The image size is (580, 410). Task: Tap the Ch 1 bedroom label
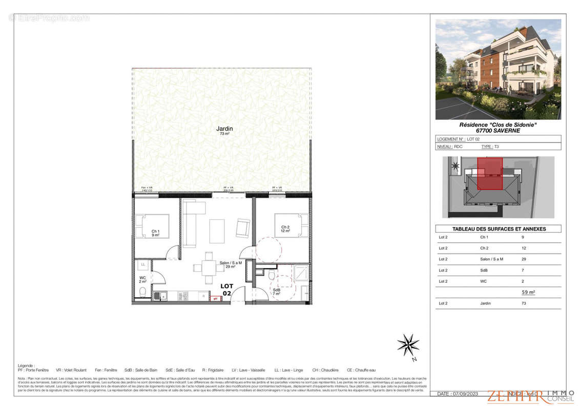[x=155, y=233]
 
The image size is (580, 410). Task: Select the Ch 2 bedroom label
[x=285, y=229]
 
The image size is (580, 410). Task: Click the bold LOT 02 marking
[x=226, y=290]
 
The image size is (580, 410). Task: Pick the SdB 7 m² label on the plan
[x=277, y=292]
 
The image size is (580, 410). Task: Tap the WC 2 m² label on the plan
[x=142, y=280]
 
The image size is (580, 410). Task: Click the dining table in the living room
[x=209, y=267]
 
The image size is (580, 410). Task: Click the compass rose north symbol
[x=408, y=344]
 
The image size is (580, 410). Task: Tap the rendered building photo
[x=498, y=69]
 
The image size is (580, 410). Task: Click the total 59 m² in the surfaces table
[x=528, y=292]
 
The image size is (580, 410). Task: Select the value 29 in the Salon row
[x=523, y=259]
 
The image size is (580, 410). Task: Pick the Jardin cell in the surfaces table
[x=485, y=303]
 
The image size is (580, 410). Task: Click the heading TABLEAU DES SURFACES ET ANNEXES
[x=498, y=229]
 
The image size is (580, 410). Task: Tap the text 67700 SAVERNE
[x=498, y=131]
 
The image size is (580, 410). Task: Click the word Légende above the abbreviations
[x=26, y=365]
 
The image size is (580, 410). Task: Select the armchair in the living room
[x=243, y=228]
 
